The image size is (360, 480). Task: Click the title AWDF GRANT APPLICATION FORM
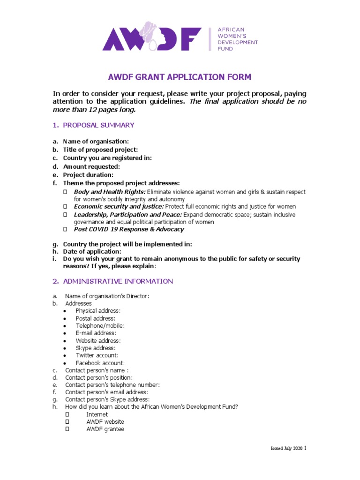(180, 77)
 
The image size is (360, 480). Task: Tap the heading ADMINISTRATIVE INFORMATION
(118, 281)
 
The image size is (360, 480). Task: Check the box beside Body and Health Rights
(66, 192)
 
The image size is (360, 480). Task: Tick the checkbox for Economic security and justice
(66, 207)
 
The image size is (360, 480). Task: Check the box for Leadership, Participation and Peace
(66, 215)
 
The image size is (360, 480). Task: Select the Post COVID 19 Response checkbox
(66, 229)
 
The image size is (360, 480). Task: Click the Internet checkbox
(67, 414)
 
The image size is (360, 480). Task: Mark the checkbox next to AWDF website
(67, 422)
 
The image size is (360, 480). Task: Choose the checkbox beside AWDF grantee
(67, 429)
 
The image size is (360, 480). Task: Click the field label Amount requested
(91, 166)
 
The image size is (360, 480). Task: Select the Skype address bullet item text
(95, 348)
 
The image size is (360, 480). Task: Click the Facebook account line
(100, 363)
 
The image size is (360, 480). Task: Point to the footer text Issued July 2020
(287, 449)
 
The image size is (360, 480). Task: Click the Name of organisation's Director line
(107, 296)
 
